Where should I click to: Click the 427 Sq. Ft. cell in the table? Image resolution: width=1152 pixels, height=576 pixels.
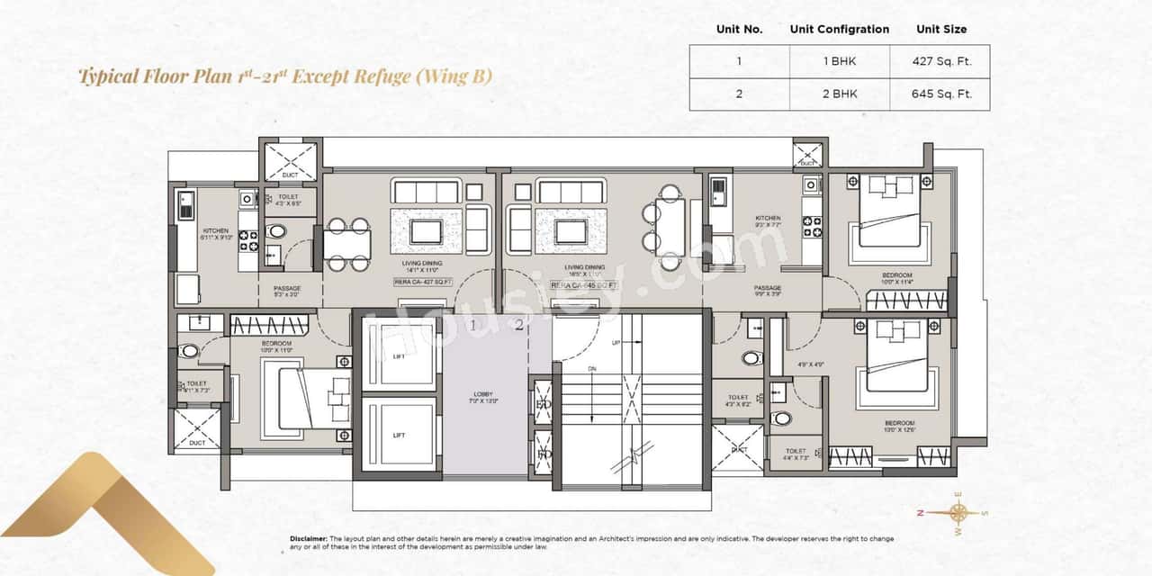click(x=941, y=61)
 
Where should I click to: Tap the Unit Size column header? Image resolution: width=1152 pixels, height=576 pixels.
click(x=941, y=29)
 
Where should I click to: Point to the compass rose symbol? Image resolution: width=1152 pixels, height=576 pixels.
click(x=957, y=512)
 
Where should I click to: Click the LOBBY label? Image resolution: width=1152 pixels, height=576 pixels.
click(x=484, y=393)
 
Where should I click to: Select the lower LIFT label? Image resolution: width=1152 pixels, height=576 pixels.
click(x=399, y=436)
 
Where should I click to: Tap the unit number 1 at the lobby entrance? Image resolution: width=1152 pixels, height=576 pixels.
click(x=472, y=326)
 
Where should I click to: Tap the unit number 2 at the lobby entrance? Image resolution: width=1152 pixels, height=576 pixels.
click(x=519, y=326)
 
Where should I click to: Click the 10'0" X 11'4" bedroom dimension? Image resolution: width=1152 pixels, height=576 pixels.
click(x=896, y=283)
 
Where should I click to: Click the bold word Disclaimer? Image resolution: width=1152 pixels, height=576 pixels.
click(x=309, y=538)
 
